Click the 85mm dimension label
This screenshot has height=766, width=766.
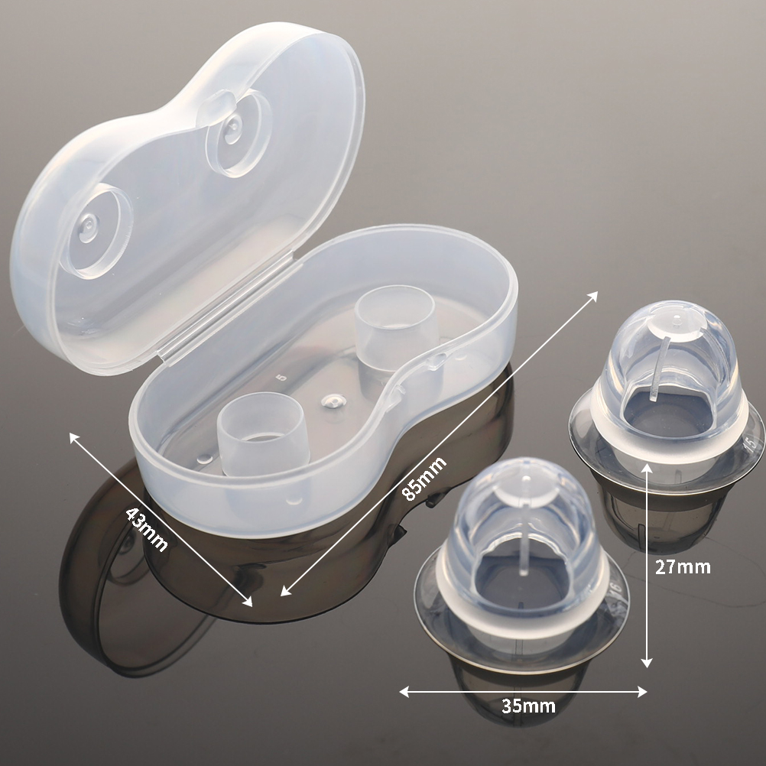click(x=424, y=479)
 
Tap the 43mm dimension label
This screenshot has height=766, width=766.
click(x=148, y=529)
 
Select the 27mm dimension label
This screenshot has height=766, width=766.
click(x=683, y=566)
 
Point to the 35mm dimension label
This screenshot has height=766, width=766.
click(x=528, y=706)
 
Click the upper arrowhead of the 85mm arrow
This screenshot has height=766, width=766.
click(x=592, y=296)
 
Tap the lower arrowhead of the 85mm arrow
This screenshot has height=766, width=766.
click(x=286, y=591)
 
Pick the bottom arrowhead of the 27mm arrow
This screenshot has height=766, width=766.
click(x=647, y=663)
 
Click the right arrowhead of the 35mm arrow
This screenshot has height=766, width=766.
click(x=641, y=691)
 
